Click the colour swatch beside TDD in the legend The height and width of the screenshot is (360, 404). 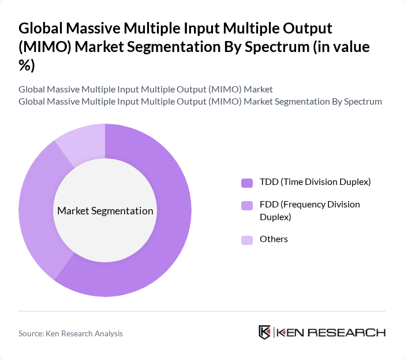(x=247, y=183)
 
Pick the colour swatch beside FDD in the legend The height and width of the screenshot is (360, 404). (x=247, y=205)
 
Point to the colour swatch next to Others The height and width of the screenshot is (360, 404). (x=247, y=239)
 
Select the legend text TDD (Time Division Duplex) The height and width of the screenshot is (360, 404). (x=315, y=182)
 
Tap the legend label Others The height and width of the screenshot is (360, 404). (x=274, y=239)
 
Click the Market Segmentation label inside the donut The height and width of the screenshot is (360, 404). (x=105, y=211)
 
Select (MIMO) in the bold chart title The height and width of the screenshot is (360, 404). (x=44, y=47)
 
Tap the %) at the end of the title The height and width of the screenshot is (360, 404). (x=27, y=66)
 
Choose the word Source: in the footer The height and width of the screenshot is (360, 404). (x=31, y=333)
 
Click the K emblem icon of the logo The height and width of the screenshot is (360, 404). (x=265, y=332)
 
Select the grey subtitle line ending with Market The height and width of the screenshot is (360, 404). (x=145, y=90)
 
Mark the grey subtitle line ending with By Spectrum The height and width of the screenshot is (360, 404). (x=200, y=102)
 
